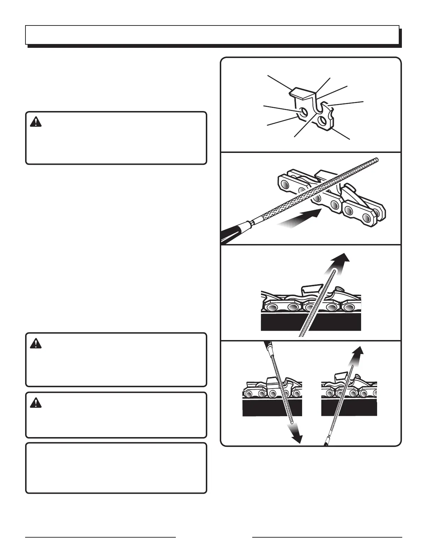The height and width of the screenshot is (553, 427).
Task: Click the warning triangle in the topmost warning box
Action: point(35,122)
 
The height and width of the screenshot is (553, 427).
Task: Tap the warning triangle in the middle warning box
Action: point(35,344)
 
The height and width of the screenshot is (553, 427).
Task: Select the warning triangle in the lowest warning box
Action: point(35,403)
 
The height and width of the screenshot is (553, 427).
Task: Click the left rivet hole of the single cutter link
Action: point(303,111)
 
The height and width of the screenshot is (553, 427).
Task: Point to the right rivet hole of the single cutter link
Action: point(322,121)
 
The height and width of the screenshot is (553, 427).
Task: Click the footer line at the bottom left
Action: point(100,537)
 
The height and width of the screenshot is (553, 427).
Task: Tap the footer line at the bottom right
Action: point(327,537)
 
